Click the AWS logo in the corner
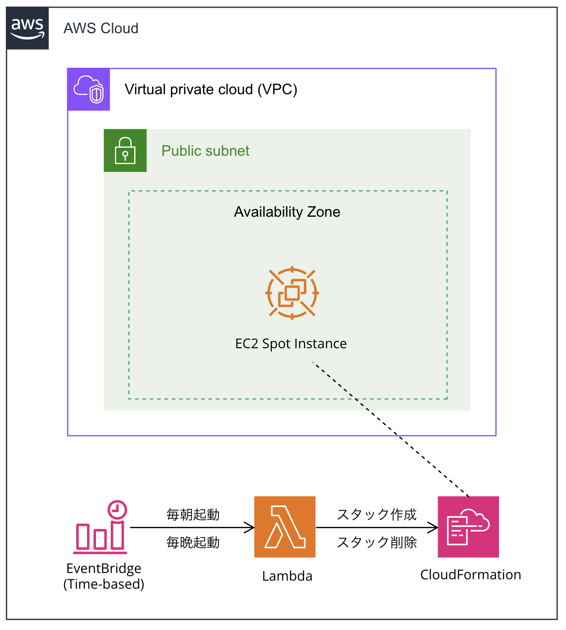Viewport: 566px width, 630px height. [x=27, y=28]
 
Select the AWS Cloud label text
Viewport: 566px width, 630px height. [x=101, y=28]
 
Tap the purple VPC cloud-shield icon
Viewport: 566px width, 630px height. [x=88, y=89]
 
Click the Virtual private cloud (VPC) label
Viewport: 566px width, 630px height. [x=211, y=89]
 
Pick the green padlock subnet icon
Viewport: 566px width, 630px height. [x=125, y=150]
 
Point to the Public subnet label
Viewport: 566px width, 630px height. [x=205, y=151]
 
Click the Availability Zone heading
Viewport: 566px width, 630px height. [x=287, y=212]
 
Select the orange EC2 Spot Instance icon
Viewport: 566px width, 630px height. [x=292, y=293]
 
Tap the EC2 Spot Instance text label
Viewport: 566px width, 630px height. [x=291, y=344]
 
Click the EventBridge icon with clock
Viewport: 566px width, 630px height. [x=100, y=527]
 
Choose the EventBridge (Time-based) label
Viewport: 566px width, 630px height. [x=104, y=577]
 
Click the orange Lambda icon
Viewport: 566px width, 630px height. [x=285, y=527]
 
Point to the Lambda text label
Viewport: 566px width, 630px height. [x=287, y=576]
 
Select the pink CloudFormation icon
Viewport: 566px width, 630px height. [x=468, y=527]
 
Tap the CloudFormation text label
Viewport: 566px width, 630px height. [x=470, y=575]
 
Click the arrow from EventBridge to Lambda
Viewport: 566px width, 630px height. [x=192, y=528]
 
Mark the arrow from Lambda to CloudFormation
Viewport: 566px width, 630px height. [x=377, y=528]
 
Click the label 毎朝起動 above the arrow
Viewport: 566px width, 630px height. [x=193, y=515]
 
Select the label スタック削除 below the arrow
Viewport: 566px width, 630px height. [x=377, y=542]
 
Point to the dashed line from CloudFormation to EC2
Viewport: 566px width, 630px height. [x=391, y=429]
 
